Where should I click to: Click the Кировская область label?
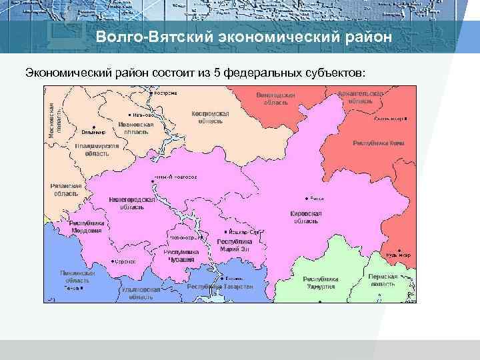click(x=306, y=217)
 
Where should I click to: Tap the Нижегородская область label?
click(x=132, y=203)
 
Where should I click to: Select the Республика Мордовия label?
click(x=87, y=227)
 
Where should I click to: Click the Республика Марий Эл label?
click(x=235, y=244)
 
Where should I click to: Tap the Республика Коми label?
click(x=378, y=143)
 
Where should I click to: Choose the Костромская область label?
click(x=210, y=117)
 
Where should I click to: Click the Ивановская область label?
click(x=136, y=128)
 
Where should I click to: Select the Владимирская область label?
click(x=97, y=149)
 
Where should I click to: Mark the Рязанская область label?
click(x=67, y=189)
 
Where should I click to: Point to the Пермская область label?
click(x=383, y=280)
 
